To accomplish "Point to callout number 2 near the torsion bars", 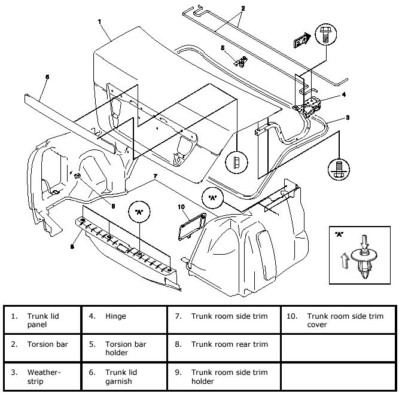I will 243,9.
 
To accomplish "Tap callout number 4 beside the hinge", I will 344,94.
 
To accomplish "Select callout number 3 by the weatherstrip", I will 348,118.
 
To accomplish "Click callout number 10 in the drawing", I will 181,207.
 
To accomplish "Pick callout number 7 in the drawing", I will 155,176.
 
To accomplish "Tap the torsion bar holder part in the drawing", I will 243,60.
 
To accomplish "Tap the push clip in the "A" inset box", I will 363,262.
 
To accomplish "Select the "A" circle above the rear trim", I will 138,211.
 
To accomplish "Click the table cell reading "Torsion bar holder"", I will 126,349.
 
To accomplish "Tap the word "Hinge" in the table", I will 115,316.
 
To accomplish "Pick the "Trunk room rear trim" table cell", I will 230,344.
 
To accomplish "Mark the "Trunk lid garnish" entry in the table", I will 123,376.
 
